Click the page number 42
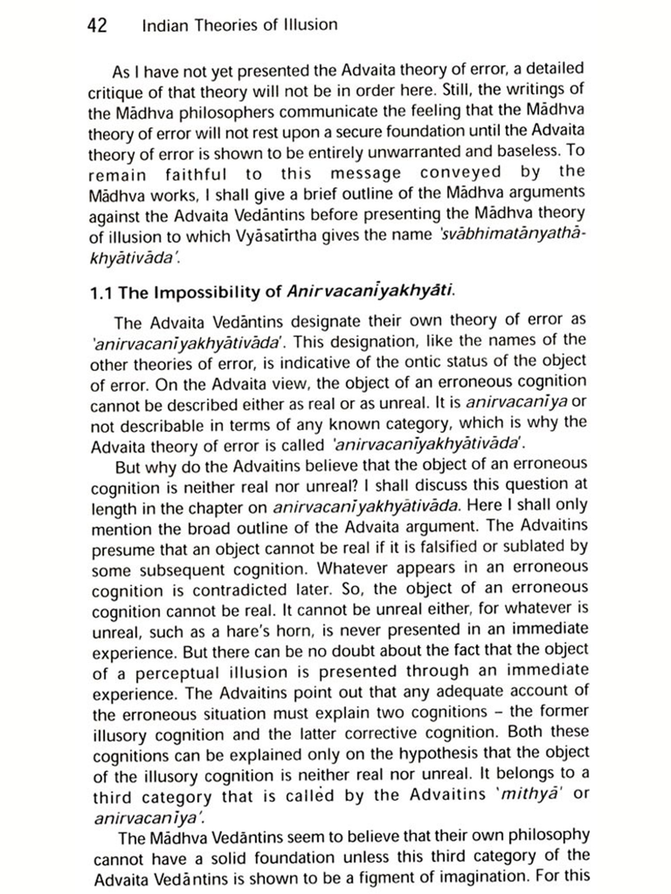click(97, 25)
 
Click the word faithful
click(196, 174)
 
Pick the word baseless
click(524, 151)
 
